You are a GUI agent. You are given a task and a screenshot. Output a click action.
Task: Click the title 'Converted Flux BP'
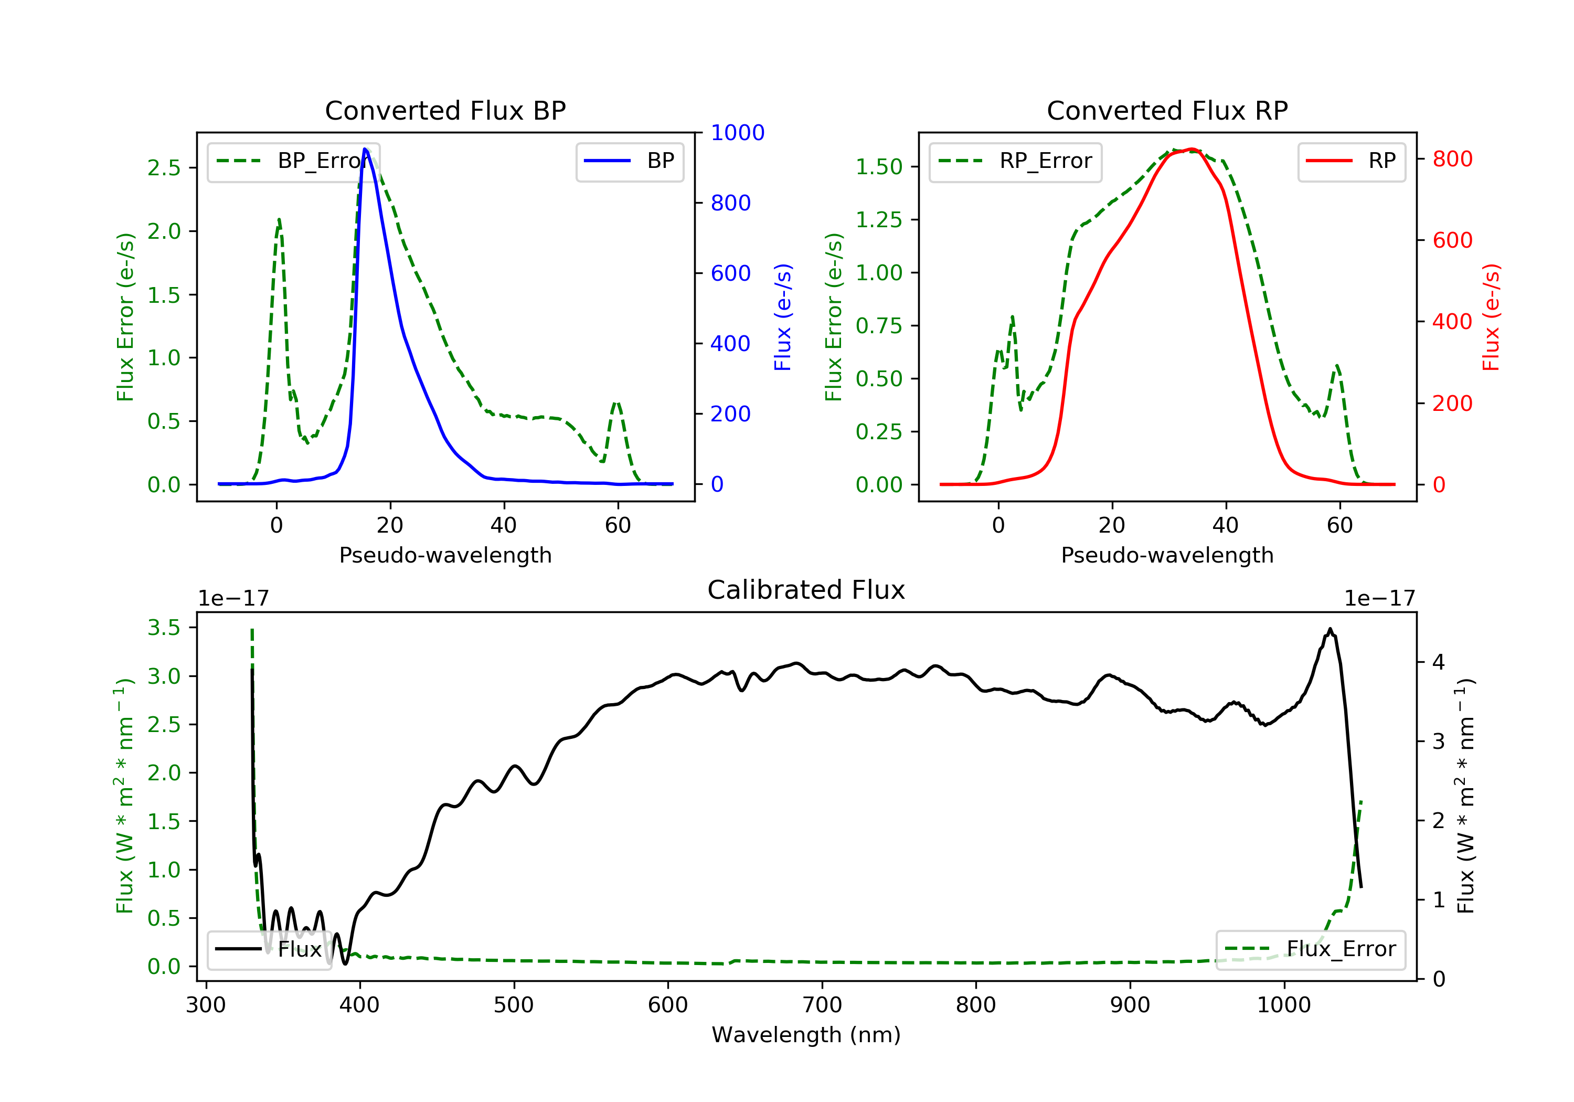[x=445, y=110]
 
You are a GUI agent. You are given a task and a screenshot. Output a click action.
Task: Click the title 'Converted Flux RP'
[x=1167, y=110]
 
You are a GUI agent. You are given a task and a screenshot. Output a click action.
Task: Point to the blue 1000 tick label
[x=737, y=132]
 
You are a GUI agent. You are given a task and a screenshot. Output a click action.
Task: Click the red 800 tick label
[x=1452, y=159]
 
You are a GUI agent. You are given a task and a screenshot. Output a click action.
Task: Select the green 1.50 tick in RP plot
[x=879, y=167]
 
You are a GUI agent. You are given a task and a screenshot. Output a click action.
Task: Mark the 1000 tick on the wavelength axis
[x=1283, y=1005]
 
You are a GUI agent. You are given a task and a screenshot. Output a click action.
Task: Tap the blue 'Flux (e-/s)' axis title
[x=783, y=317]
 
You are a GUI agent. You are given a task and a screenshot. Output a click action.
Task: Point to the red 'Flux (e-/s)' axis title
[x=1491, y=317]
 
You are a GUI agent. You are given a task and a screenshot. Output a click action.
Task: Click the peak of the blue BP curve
[x=365, y=149]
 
